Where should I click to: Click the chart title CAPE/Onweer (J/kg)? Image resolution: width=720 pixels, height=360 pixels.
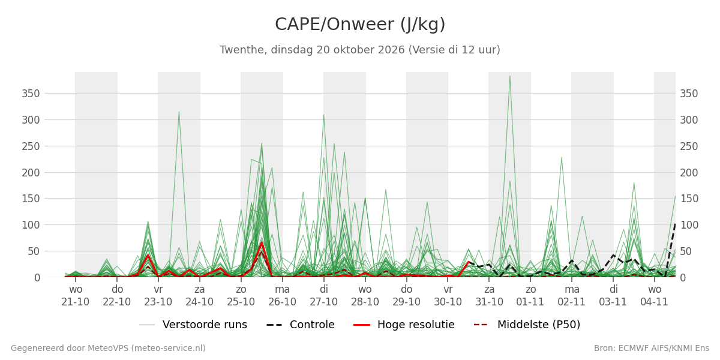coord(360,25)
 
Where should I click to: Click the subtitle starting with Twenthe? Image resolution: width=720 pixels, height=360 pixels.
coord(360,50)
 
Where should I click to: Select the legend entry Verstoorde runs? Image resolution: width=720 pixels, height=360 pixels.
coord(193,325)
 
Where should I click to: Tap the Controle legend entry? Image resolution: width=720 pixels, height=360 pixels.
coord(301,325)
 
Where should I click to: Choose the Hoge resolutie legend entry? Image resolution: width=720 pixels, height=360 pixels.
coord(404,325)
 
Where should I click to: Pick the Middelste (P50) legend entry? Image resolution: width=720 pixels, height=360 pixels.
coord(527,325)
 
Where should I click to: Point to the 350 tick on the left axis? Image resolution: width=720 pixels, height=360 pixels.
coord(31,94)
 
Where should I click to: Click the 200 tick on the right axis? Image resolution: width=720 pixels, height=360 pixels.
coord(689,173)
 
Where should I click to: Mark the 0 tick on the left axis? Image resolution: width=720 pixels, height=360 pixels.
coord(37,278)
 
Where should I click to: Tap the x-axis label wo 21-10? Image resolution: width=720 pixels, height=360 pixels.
coord(76,296)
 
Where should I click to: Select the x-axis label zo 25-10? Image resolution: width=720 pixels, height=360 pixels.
coord(241,296)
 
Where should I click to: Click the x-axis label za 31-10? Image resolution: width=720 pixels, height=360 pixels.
coord(489,296)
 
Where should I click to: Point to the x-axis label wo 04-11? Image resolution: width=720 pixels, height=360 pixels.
coord(655,296)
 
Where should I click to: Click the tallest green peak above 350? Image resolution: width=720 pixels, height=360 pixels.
coord(510,76)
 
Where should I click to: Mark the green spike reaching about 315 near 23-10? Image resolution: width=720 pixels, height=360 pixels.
coord(179,112)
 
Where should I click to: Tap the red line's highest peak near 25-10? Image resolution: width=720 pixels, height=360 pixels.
coord(262,242)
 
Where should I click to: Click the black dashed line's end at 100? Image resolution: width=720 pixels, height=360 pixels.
coord(675,224)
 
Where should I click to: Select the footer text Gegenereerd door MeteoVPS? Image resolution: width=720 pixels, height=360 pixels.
coord(109,348)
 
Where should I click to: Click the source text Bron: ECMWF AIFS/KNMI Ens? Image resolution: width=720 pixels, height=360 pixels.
coord(652,348)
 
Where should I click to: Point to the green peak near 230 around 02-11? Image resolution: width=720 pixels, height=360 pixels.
coord(562,157)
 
